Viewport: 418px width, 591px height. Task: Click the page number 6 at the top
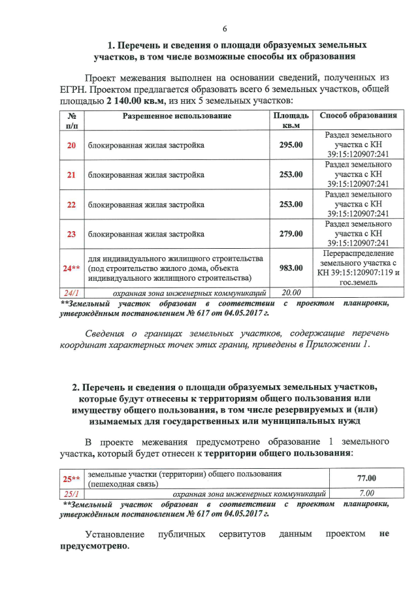[x=225, y=29]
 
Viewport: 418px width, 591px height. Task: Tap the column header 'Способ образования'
[x=358, y=116]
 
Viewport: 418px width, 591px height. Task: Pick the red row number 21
[x=72, y=175]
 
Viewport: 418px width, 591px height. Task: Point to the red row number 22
[x=72, y=204]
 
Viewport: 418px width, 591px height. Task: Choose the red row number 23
[x=72, y=234]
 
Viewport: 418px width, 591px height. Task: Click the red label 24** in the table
[x=71, y=268]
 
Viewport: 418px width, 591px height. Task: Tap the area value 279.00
[x=291, y=234]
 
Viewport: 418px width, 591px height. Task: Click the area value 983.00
[x=291, y=268]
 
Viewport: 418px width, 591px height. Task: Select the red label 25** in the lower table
[x=71, y=479]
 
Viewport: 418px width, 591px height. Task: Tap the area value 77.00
[x=366, y=479]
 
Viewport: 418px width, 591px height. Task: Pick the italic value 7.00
[x=366, y=494]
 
